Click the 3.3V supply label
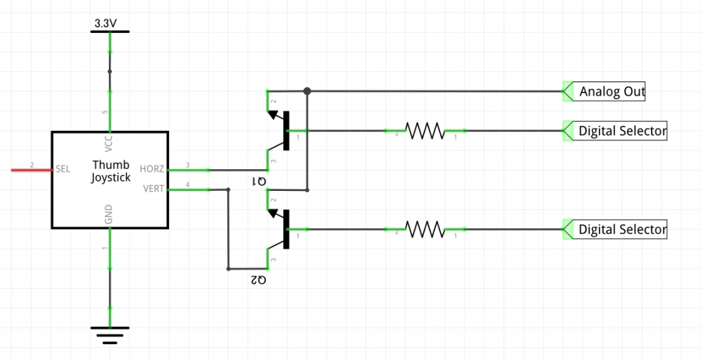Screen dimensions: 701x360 point(105,24)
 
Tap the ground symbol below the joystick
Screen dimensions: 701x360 point(110,335)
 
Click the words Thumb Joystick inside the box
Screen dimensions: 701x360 point(111,171)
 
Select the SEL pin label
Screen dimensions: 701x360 point(62,170)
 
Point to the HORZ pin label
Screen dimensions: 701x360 point(152,169)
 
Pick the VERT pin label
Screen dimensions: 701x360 point(153,188)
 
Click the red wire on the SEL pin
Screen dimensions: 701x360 point(31,170)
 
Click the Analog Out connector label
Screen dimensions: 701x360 point(612,92)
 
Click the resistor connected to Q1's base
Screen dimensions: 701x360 point(424,131)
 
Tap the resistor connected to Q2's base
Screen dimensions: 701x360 point(424,229)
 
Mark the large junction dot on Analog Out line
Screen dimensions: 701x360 point(307,91)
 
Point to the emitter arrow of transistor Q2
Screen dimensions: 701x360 point(272,214)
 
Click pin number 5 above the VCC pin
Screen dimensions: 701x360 point(105,112)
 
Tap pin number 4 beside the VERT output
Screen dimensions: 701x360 point(188,184)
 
